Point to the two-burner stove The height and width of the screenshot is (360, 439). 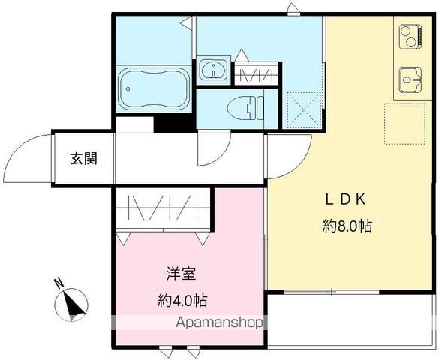[x=410, y=37]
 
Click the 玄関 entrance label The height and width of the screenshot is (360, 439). [x=83, y=158]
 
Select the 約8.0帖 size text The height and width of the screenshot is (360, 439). [x=347, y=226]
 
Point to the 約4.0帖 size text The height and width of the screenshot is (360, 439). [x=182, y=301]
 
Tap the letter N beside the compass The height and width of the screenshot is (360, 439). [x=58, y=283]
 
